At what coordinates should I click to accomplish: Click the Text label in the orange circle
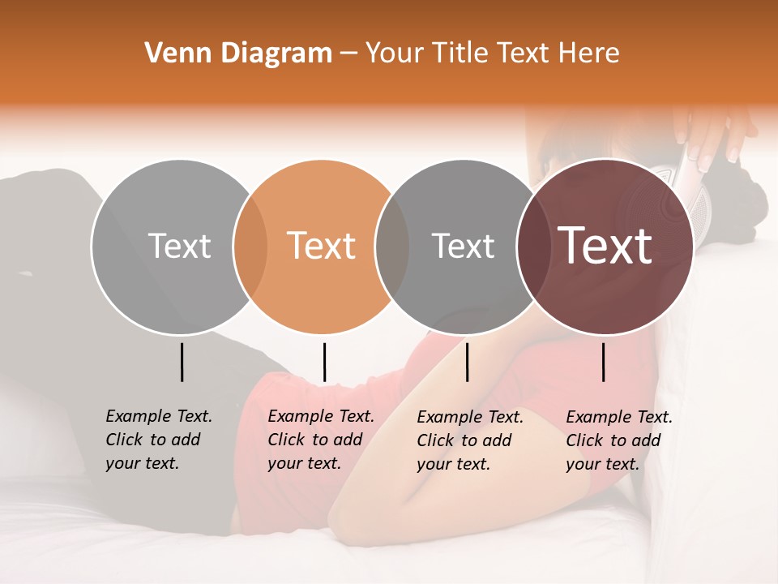[x=322, y=246]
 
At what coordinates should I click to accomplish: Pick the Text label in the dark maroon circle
[x=605, y=246]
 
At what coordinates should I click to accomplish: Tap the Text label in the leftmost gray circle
[x=179, y=246]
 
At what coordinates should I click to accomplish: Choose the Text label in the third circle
[x=463, y=246]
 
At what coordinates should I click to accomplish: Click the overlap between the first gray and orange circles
[x=250, y=247]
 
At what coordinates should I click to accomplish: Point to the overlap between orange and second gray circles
[x=392, y=247]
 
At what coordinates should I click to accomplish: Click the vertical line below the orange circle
[x=324, y=362]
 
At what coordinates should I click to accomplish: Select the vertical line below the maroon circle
[x=604, y=362]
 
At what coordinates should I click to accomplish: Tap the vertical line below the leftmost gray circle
[x=182, y=362]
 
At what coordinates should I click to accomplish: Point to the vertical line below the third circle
[x=468, y=362]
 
